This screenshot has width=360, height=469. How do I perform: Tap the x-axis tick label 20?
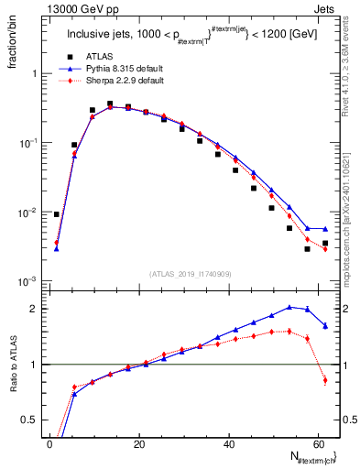pyautogui.click(x=139, y=444)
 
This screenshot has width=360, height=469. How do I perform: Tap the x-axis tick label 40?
pyautogui.click(x=229, y=444)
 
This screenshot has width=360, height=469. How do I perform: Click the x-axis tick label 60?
pyautogui.click(x=319, y=444)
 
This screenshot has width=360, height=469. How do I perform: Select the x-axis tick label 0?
pyautogui.click(x=49, y=444)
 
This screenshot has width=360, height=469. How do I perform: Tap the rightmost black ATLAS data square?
pyautogui.click(x=325, y=244)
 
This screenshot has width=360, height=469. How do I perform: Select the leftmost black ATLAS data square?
pyautogui.click(x=57, y=214)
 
